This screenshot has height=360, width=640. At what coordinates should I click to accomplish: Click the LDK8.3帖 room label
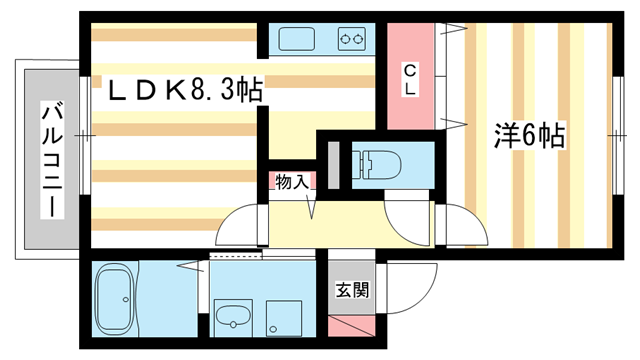[185, 92]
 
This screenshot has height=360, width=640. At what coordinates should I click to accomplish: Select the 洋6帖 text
[529, 134]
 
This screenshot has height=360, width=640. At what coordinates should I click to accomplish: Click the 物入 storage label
[290, 182]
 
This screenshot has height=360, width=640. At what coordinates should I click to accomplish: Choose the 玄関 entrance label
[352, 291]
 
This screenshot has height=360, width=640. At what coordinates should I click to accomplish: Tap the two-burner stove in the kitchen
[351, 40]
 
